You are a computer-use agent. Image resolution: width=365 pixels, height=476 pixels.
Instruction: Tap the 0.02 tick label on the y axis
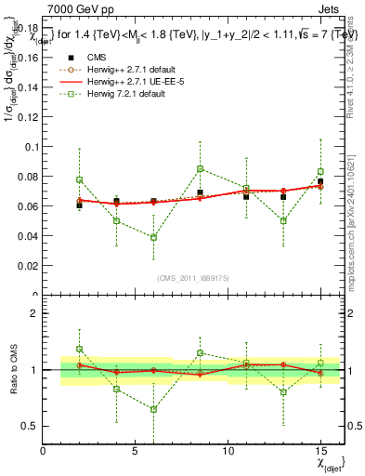26,265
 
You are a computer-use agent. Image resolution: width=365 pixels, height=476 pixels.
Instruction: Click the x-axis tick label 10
228,451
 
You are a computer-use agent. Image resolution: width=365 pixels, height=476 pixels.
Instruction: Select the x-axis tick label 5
136,451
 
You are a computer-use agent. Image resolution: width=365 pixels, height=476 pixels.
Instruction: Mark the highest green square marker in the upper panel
200,168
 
